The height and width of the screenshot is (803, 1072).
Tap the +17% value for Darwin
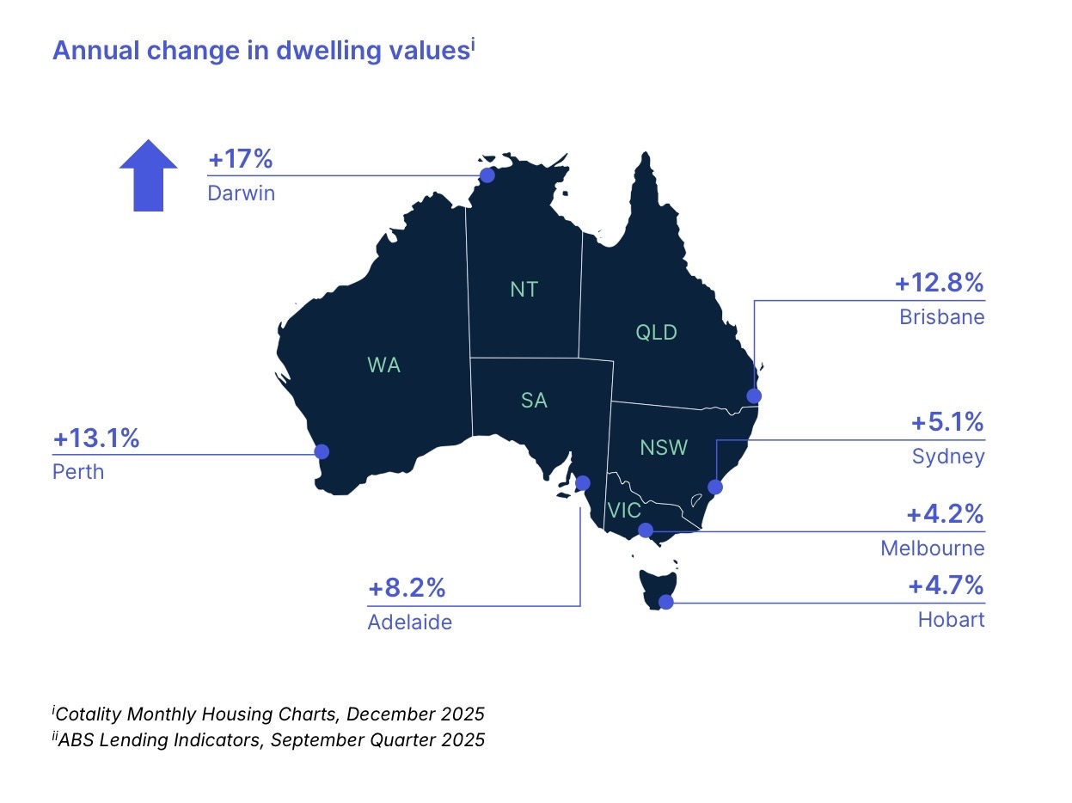coord(240,160)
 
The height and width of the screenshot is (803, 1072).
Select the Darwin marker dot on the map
coord(487,175)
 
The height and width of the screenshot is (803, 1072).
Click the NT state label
coord(524,290)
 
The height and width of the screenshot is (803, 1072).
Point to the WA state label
coord(383,365)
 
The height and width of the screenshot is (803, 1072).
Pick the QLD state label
coord(656,332)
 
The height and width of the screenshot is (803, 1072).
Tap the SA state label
coord(534,400)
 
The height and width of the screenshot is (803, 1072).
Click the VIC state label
coord(623,510)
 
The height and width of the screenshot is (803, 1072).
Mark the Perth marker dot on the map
coord(322,451)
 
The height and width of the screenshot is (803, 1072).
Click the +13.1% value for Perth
coord(96,439)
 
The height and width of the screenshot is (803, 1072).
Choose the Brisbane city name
coord(942,317)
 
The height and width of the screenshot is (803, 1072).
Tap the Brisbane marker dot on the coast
coord(754,395)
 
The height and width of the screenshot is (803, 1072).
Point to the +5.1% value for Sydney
coord(947,423)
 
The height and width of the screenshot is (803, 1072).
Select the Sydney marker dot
coord(714,487)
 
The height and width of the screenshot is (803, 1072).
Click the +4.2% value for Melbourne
coord(946,515)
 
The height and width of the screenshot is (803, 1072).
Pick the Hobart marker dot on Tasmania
coord(665,604)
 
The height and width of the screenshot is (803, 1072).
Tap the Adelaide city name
coord(409,622)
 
